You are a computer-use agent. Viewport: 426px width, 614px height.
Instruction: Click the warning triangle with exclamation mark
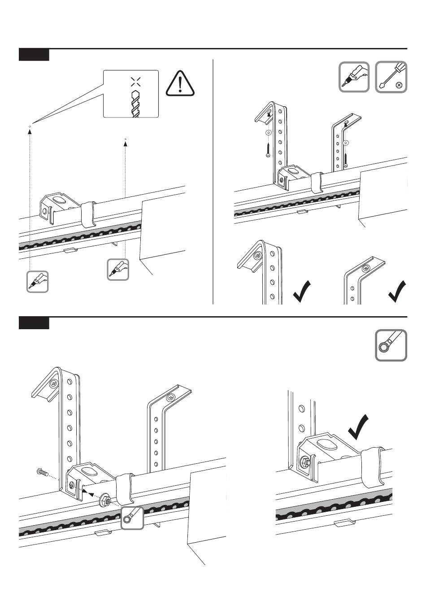180,84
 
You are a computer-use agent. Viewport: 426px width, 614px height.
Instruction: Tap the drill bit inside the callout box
135,104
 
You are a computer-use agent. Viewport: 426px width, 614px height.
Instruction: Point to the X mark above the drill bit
135,81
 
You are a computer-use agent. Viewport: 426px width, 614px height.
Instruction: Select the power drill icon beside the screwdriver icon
354,77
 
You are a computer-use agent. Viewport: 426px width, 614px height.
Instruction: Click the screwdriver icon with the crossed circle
391,77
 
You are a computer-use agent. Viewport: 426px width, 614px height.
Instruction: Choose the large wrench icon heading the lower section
391,345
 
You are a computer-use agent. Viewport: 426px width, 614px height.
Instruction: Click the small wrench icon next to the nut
132,518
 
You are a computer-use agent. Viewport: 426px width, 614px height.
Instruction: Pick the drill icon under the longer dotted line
37,282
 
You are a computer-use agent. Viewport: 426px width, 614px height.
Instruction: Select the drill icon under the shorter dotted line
118,270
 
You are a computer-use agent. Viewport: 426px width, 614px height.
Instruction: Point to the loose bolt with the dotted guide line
41,472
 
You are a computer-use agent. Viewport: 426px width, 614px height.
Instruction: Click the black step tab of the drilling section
34,56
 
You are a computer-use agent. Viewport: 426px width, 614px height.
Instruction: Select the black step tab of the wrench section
34,323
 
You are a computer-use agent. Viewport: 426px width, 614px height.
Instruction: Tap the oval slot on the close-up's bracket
326,444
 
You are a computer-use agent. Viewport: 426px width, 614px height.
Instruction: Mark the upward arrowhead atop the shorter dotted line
125,140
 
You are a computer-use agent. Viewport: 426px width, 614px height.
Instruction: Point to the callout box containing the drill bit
131,94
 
